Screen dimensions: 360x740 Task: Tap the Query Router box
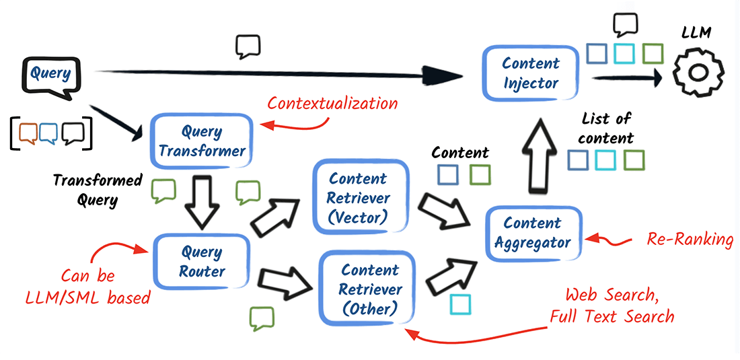[x=202, y=262]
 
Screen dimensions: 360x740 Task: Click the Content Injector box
[x=531, y=73]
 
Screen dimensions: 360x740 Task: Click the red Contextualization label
[x=332, y=104]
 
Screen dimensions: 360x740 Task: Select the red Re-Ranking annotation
[x=690, y=239]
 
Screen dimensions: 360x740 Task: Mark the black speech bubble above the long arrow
[x=248, y=47]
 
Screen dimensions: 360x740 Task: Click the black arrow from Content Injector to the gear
[x=626, y=79]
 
